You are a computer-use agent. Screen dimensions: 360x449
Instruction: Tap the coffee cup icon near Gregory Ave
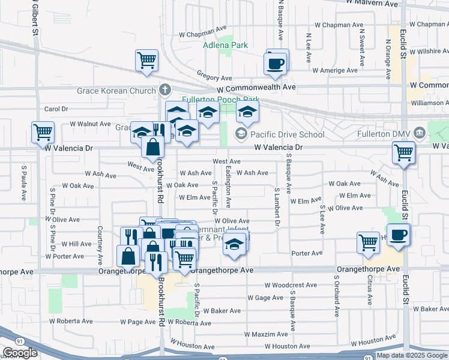[276, 63]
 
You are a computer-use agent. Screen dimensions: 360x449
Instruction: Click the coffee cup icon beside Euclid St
[399, 235]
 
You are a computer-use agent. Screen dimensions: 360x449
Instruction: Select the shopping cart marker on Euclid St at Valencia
[404, 152]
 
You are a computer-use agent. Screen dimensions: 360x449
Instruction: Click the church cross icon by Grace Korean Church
[166, 91]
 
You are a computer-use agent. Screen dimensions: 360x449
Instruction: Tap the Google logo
[19, 353]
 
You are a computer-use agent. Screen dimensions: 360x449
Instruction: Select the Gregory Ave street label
[214, 78]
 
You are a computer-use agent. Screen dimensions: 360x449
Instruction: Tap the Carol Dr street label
[56, 109]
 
